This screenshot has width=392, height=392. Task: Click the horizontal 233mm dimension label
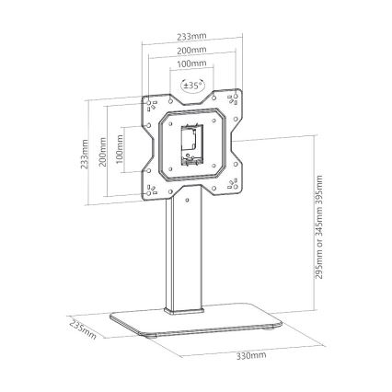[192, 36]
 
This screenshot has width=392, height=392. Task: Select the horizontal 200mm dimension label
[192, 50]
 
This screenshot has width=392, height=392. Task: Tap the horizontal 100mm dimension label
[192, 63]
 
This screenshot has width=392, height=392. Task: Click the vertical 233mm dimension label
[84, 154]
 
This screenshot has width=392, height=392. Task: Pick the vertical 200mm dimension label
[103, 152]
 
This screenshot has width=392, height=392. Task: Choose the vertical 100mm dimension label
[120, 149]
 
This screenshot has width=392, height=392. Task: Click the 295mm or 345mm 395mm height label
[319, 227]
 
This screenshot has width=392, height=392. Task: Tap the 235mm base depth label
[83, 330]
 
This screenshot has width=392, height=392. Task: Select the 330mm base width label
[251, 356]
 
